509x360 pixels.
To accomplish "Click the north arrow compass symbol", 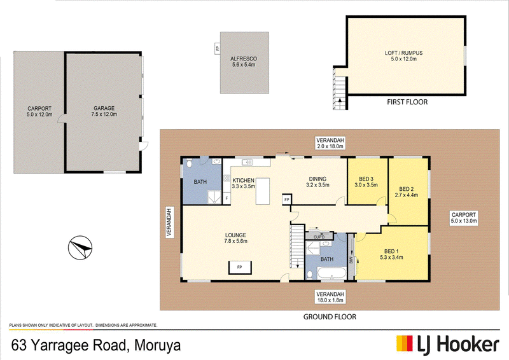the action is tap(80, 247).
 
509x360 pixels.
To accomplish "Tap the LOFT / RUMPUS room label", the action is tap(403, 53).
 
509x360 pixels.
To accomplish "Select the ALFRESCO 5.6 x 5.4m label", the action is tap(244, 62).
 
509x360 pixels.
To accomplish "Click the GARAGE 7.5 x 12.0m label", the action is tap(104, 111).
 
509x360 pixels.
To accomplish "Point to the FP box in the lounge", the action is tap(240, 267).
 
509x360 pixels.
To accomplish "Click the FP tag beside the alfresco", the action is tap(217, 49).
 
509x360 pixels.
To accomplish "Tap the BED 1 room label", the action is tap(391, 251).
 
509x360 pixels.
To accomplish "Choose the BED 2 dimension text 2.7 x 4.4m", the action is tap(407, 195).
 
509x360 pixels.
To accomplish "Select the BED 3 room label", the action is tap(366, 179).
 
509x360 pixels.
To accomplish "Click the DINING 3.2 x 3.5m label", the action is tap(317, 182).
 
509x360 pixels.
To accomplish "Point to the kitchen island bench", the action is tap(263, 191).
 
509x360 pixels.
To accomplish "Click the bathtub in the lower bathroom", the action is tap(331, 273).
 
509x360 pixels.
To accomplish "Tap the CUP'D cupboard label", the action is tap(319, 237).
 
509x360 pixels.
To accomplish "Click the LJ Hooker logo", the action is tap(448, 344).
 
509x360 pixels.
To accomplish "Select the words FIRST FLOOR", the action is tap(407, 102).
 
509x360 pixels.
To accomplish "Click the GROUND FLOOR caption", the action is tap(330, 317).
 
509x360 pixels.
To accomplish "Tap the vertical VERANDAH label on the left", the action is tap(169, 222).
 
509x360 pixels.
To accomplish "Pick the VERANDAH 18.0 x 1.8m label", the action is tap(330, 297).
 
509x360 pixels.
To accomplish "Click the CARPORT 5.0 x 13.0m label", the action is tap(464, 218).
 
